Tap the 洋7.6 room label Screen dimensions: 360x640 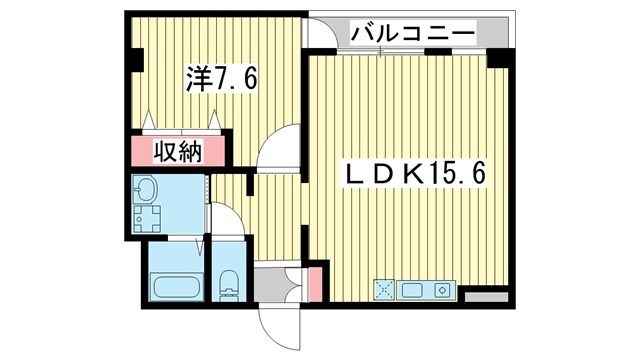tap(221, 79)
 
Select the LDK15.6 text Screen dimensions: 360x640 tap(416, 174)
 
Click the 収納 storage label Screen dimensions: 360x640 tap(178, 151)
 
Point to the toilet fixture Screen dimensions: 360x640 tap(228, 283)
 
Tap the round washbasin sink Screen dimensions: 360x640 tap(149, 190)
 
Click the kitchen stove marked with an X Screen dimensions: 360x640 tap(383, 289)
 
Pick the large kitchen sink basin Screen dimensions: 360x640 tap(413, 290)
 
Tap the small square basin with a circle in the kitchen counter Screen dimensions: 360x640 tap(443, 290)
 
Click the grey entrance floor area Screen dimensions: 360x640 tap(273, 285)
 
